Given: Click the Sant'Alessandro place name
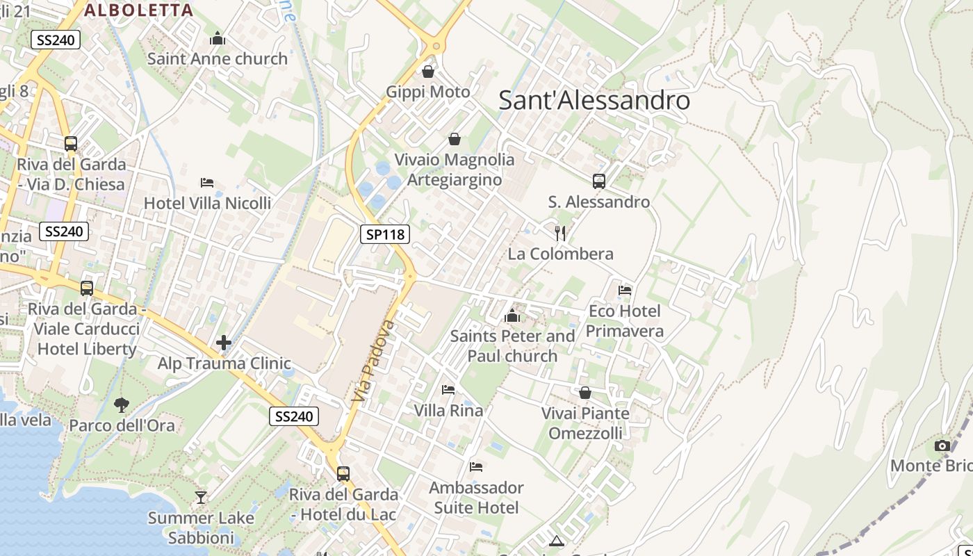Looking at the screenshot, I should (594, 100).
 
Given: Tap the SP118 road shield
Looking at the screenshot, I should (385, 234).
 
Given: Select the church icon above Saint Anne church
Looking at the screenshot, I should (218, 38).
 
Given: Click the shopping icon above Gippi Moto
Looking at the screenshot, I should (428, 72).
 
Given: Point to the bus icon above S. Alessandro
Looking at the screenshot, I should (599, 181).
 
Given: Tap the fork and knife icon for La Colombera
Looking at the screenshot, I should (560, 233).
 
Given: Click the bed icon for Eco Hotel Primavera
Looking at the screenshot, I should (625, 290).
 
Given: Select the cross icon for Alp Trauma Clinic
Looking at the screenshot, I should (224, 342).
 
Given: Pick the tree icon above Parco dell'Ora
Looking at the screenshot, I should (122, 404).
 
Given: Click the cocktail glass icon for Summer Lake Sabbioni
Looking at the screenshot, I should (201, 497).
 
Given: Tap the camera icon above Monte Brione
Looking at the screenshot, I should (942, 445).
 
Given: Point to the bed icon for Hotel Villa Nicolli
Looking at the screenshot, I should (207, 183).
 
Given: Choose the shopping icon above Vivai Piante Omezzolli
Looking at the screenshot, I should (585, 393).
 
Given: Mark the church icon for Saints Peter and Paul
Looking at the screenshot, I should (512, 316).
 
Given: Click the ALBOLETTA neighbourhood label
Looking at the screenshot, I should (139, 10).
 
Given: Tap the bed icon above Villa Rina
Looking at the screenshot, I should (448, 390).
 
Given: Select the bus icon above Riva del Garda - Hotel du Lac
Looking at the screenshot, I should (343, 474).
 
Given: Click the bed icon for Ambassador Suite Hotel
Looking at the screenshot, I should (476, 466).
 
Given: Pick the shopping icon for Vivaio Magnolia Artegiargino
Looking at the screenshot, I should (455, 139).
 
